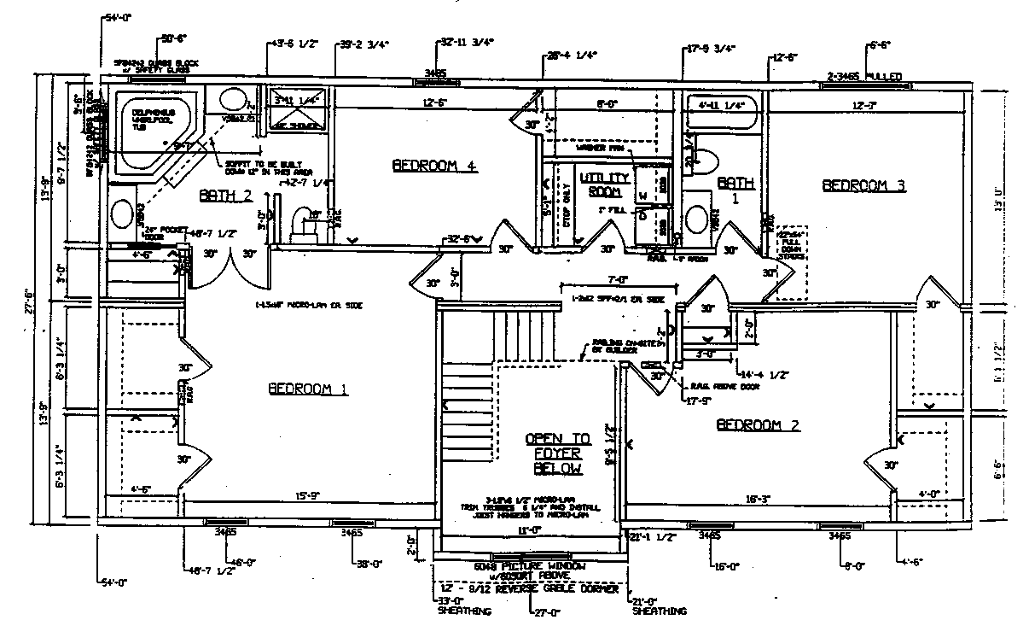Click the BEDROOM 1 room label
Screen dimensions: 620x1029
(308, 389)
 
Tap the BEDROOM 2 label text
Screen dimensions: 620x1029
(758, 424)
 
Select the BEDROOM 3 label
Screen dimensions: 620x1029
(863, 185)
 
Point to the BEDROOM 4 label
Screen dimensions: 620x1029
(433, 166)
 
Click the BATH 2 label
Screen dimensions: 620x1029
(226, 196)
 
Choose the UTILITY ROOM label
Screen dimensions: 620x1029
(604, 184)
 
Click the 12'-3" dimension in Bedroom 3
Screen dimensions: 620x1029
(864, 105)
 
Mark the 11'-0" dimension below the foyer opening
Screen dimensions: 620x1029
(529, 530)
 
